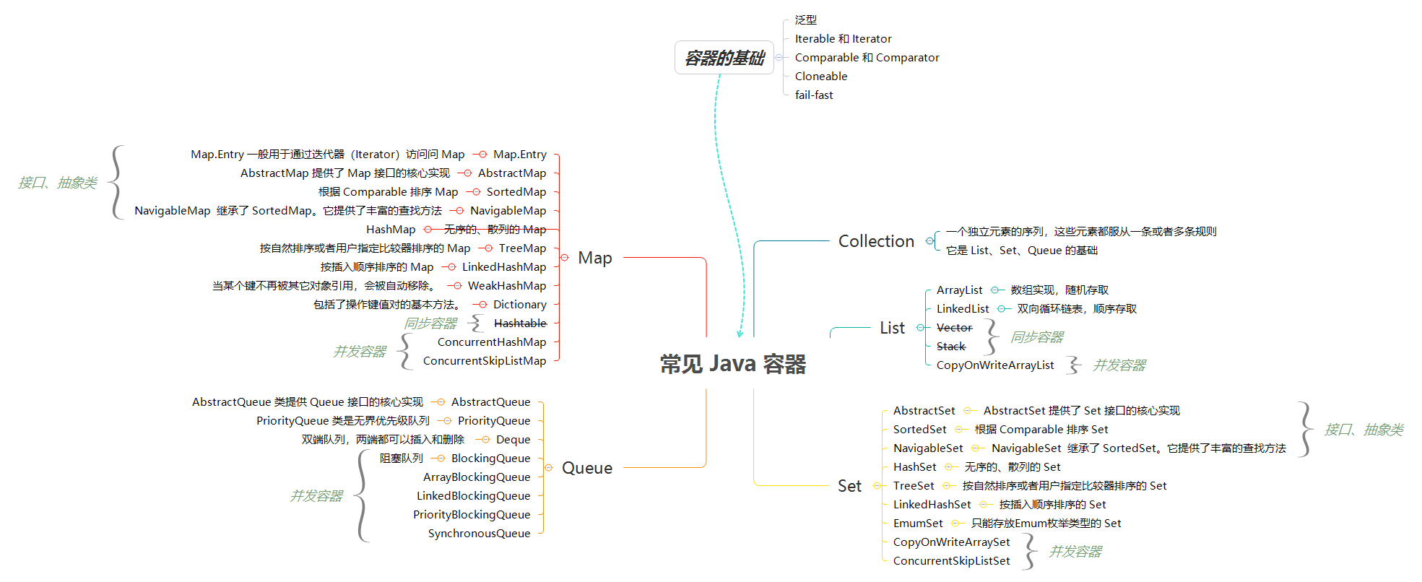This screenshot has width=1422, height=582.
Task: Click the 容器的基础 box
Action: [x=724, y=58]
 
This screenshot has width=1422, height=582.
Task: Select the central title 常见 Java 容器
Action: [x=732, y=364]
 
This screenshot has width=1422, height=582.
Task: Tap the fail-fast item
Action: [x=814, y=95]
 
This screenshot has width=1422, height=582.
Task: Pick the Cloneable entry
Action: [x=821, y=77]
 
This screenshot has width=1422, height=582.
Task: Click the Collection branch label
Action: [x=876, y=241]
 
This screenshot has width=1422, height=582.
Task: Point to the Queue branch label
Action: [x=586, y=468]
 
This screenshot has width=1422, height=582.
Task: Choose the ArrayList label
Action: [x=959, y=290]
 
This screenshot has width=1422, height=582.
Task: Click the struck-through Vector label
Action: [x=954, y=328]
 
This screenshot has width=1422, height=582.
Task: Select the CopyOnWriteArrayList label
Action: [x=995, y=365]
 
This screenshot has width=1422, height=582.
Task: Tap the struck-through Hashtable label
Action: [x=520, y=323]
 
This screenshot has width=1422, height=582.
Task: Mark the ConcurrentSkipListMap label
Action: [x=485, y=361]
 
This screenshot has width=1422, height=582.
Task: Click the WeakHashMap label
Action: [x=507, y=286]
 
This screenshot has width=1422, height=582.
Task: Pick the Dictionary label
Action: [x=519, y=305]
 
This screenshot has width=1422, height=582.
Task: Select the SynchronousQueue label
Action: [x=479, y=534]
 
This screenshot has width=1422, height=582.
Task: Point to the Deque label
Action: [x=513, y=440]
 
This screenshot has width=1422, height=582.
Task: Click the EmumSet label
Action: [x=918, y=524]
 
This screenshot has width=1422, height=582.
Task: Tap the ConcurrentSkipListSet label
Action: [x=951, y=561]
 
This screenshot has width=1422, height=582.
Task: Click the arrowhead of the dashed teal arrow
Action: [x=740, y=334]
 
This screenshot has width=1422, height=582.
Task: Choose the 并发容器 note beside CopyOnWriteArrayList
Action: [x=1119, y=365]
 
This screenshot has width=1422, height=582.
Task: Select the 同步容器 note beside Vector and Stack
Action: [x=1036, y=337]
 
